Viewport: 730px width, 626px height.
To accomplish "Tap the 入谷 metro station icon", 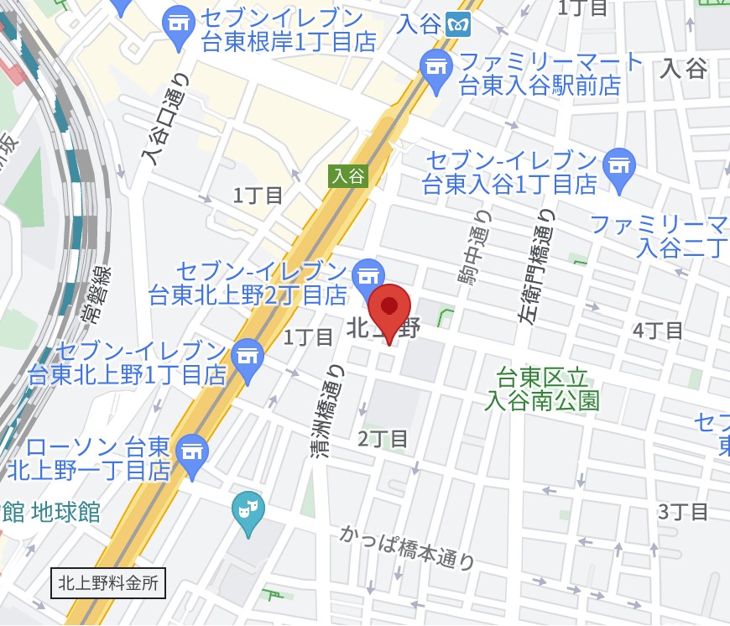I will pyautogui.click(x=459, y=23).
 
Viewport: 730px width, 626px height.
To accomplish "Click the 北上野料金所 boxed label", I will pyautogui.click(x=108, y=582).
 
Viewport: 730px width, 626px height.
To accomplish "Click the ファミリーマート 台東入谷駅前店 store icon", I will pyautogui.click(x=435, y=66).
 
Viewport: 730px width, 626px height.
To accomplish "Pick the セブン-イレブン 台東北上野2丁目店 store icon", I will pyautogui.click(x=368, y=274).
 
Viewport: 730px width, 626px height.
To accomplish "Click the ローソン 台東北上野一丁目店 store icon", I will pyautogui.click(x=193, y=451).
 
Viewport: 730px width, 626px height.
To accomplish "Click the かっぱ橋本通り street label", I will pyautogui.click(x=408, y=546).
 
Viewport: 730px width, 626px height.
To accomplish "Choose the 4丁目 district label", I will pyautogui.click(x=658, y=331).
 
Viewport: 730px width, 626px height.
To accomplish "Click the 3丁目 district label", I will pyautogui.click(x=683, y=512).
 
